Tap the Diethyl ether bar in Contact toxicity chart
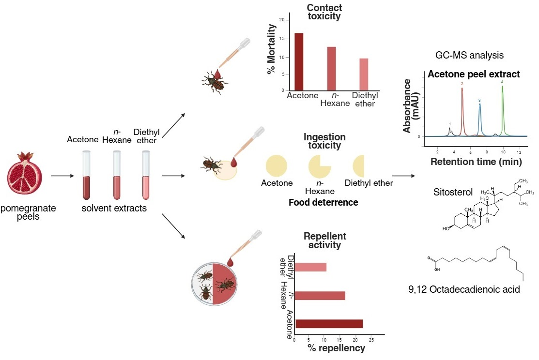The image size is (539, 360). coord(364,75)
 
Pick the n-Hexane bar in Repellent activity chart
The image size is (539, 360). coord(320,296)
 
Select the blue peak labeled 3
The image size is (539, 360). coord(480,119)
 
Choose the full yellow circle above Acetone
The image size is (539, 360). coord(277,166)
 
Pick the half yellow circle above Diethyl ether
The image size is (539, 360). coord(358,166)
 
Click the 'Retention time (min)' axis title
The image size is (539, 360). coord(476,161)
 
